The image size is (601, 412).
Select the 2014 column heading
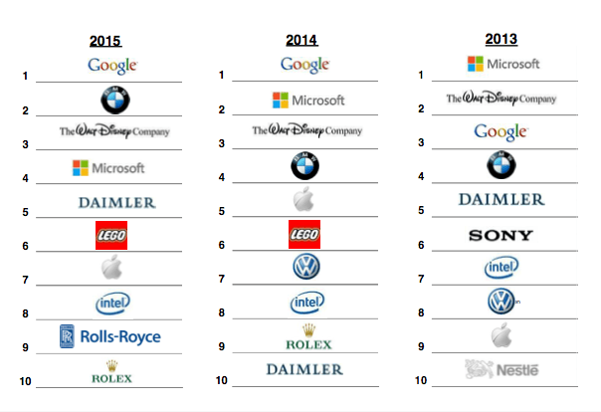tap(302, 41)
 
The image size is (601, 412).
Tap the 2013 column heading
tap(501, 40)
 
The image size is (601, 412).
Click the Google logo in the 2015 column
tap(111, 66)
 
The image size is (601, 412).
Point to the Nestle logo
tap(502, 369)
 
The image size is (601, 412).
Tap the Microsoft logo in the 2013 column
tap(503, 64)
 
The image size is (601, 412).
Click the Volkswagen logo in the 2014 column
tap(305, 267)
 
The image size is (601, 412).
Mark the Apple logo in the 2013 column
tap(501, 335)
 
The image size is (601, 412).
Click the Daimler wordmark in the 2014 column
tap(304, 369)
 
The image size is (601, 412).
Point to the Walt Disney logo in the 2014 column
tap(306, 130)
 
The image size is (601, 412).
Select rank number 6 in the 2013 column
tap(422, 245)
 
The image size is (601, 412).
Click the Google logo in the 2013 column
tap(500, 131)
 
